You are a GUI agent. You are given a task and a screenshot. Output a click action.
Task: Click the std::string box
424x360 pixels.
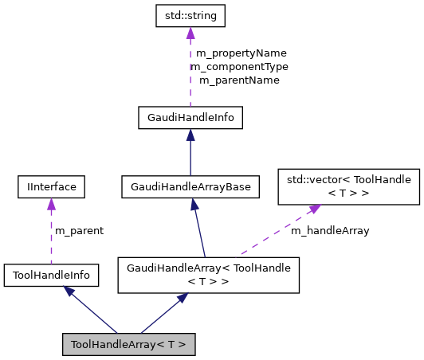190,15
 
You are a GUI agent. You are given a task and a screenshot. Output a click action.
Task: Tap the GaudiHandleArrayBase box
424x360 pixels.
190,187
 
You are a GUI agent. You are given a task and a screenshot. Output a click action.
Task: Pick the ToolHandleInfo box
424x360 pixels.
51,276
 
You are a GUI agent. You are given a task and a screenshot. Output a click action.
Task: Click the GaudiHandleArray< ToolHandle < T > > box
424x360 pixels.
208,275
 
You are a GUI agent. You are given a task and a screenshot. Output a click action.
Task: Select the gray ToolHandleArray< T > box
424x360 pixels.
128,344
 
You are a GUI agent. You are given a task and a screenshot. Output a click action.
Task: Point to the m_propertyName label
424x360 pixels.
238,54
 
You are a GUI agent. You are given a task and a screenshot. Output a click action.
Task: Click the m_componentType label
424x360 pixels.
239,67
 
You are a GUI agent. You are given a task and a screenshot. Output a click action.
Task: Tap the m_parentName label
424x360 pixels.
239,80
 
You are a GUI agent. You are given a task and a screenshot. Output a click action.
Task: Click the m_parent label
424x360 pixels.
79,231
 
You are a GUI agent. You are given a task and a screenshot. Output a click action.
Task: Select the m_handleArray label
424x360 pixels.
329,231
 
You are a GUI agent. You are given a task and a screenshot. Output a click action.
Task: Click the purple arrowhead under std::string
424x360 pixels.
190,33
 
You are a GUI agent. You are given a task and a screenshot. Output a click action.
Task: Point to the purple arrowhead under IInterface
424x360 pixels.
51,205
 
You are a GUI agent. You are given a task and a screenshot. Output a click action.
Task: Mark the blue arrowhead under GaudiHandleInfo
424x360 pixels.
190,136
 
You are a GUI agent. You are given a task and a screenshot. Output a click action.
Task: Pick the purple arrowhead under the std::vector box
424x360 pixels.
314,209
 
